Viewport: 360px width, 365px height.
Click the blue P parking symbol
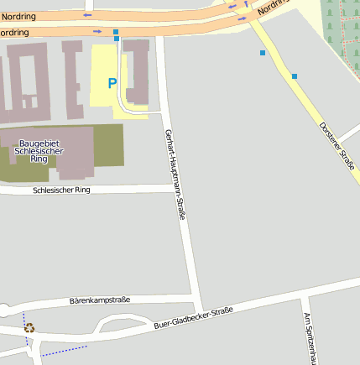pyautogui.click(x=112, y=83)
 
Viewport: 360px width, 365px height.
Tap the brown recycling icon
pyautogui.click(x=29, y=328)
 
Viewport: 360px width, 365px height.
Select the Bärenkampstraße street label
pyautogui.click(x=99, y=300)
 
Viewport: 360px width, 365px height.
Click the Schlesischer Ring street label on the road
pyautogui.click(x=60, y=190)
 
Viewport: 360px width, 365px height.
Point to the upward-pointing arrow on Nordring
pyautogui.click(x=246, y=4)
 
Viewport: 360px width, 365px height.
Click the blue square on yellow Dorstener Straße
pyautogui.click(x=295, y=76)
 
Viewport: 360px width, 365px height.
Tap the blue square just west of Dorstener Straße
pyautogui.click(x=263, y=53)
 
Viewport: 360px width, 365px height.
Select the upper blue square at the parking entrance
pyautogui.click(x=116, y=31)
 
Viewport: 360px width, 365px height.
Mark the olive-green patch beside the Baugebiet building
pyautogui.click(x=107, y=144)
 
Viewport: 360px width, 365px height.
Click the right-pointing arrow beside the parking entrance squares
pyautogui.click(x=98, y=31)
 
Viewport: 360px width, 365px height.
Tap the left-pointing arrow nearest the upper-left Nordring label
pyautogui.click(x=87, y=15)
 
